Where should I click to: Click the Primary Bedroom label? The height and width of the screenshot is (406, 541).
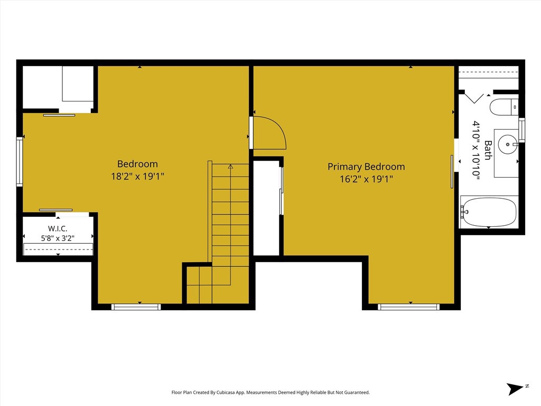[x=366, y=167]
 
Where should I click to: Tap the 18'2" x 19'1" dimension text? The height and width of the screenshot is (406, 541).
[x=137, y=177]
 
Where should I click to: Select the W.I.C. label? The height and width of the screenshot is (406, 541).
[x=58, y=228]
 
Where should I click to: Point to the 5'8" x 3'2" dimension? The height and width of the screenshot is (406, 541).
[x=58, y=238]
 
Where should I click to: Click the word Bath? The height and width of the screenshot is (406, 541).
[x=488, y=150]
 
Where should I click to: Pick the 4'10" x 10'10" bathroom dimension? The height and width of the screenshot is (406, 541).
[x=477, y=150]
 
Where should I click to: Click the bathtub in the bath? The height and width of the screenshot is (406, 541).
[x=489, y=211]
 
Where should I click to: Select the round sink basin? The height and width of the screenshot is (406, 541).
[x=508, y=144]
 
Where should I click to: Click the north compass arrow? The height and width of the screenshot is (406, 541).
[x=516, y=389]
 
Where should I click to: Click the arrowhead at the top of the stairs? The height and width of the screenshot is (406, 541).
[x=230, y=167]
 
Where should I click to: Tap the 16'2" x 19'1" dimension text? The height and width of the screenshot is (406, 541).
[x=366, y=179]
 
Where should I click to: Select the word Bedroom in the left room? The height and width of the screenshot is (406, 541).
[x=137, y=164]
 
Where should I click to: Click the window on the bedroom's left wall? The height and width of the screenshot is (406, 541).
[x=20, y=162]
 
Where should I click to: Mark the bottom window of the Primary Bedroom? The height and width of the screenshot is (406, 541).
[x=408, y=307]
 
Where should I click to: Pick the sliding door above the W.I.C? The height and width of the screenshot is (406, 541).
[x=56, y=210]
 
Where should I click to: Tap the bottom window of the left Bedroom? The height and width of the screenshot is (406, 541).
[x=136, y=307]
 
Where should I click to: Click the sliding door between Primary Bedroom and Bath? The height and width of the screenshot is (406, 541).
[x=452, y=172]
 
